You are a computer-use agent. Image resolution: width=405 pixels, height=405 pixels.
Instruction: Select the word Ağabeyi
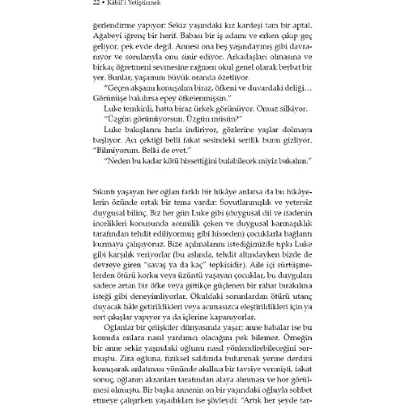tap(104, 36)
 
